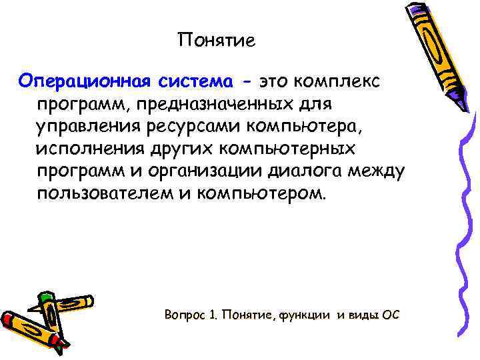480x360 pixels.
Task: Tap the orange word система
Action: pyautogui.click(x=196, y=82)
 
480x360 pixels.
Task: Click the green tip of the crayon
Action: pyautogui.click(x=44, y=296)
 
